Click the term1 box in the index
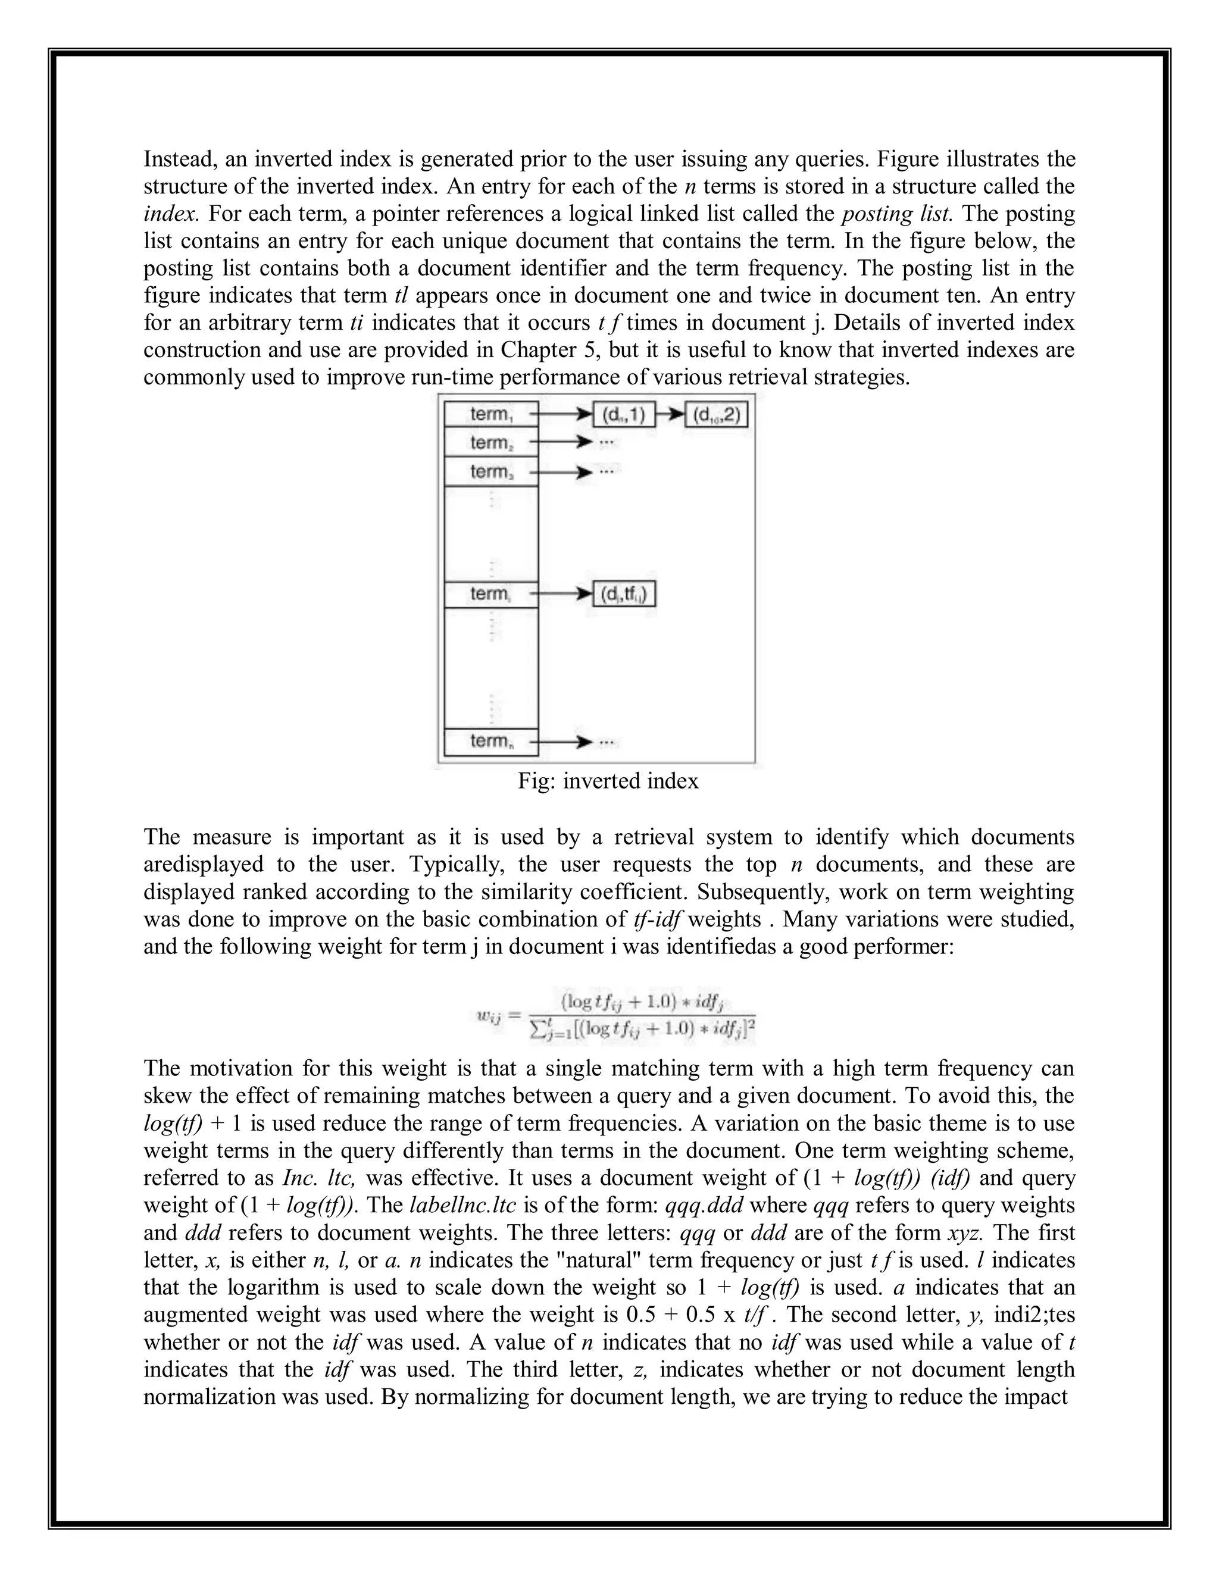(491, 414)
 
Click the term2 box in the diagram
(491, 442)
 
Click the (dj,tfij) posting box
(624, 594)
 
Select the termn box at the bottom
(491, 741)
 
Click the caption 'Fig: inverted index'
(608, 781)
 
